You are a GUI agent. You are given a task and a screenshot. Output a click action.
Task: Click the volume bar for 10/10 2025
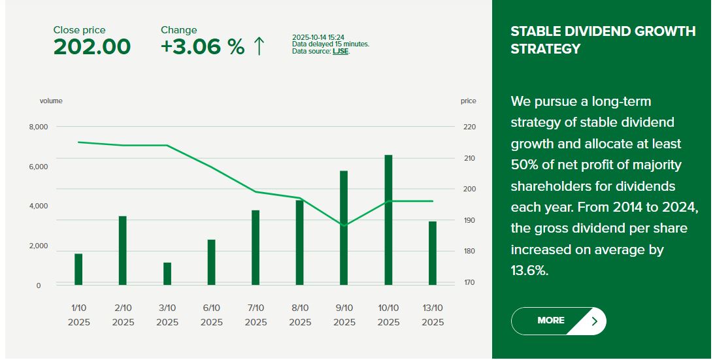[388, 220]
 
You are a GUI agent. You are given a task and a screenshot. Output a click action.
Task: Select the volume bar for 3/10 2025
[167, 274]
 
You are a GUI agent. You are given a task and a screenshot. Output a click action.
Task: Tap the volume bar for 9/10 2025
[344, 228]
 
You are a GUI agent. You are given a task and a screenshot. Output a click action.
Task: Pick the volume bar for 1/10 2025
[78, 269]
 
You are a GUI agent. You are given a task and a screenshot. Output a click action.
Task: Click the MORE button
[559, 321]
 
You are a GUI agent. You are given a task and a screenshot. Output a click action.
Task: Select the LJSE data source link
[341, 52]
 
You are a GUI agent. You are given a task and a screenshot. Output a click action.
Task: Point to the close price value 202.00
[92, 47]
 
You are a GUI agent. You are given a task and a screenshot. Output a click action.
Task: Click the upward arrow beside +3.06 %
[259, 46]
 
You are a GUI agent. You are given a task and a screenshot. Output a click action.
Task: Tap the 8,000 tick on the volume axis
[39, 127]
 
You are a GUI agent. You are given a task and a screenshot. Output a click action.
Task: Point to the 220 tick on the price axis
[470, 127]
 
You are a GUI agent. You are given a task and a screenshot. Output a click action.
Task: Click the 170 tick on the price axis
[470, 282]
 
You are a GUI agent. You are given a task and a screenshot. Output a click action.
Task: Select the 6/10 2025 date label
[212, 316]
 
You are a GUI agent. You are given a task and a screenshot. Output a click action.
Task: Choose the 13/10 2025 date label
[433, 316]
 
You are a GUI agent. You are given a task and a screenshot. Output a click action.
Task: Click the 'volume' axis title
[51, 101]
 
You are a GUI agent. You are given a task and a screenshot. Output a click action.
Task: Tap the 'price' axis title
[469, 101]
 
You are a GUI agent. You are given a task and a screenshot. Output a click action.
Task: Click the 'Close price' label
[79, 30]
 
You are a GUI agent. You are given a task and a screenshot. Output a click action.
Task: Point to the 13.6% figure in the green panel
[529, 270]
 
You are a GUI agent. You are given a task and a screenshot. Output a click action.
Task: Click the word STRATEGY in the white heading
[545, 49]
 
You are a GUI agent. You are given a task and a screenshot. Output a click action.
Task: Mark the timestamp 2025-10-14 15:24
[318, 37]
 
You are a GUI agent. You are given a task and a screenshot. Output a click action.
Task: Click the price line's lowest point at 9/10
[344, 225]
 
